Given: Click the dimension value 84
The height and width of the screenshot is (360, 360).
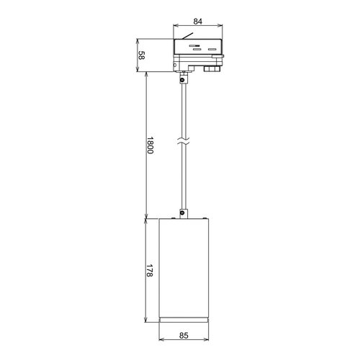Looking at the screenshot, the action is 198,22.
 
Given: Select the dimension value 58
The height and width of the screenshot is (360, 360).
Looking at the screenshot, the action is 142,55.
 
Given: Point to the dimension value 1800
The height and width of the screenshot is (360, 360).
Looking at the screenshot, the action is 150,145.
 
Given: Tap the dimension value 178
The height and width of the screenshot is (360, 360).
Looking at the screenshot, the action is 150,271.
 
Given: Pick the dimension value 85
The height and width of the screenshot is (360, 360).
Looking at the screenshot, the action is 184,336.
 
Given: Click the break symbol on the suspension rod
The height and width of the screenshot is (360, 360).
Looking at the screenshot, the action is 184,141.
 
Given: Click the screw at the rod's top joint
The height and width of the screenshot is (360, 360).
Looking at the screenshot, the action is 183,79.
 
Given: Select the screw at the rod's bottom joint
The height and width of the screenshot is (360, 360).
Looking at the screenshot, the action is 183,212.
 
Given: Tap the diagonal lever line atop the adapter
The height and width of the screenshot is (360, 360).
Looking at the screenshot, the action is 187,36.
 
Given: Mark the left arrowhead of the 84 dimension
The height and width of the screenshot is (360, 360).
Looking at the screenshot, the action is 176,26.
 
